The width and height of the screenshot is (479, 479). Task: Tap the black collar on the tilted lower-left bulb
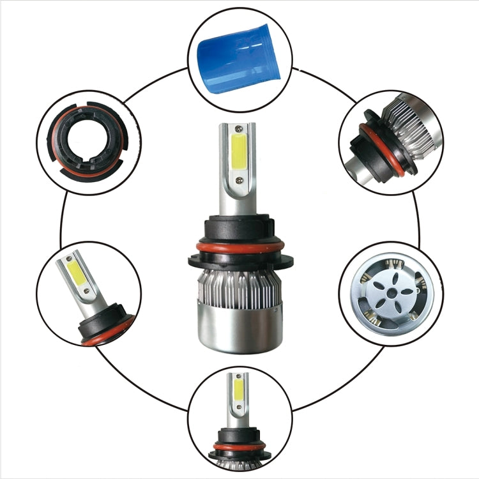(x=102, y=319)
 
